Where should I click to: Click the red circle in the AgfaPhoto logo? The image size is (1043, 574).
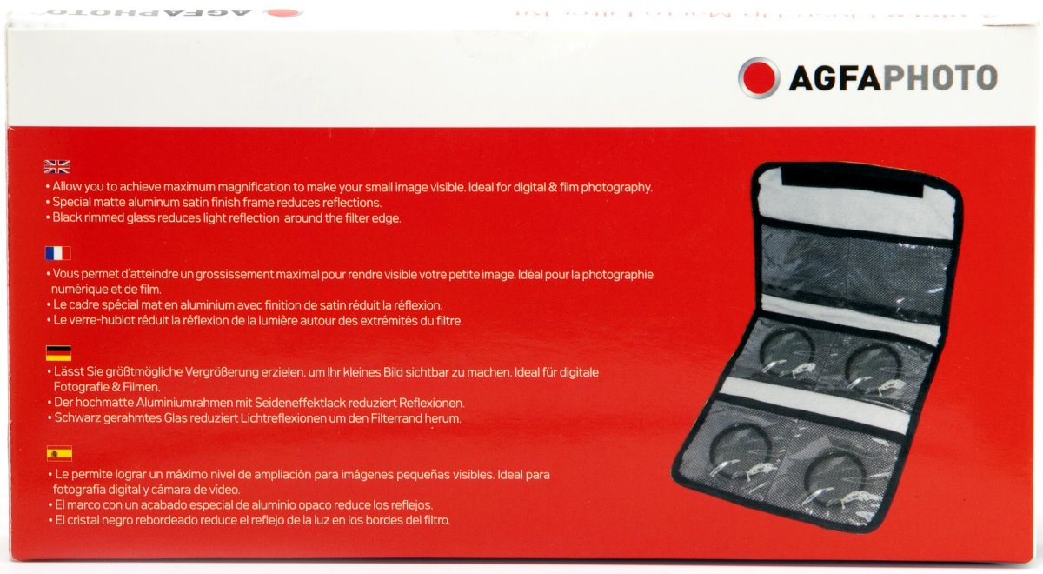(759, 77)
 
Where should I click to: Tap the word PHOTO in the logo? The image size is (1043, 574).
(940, 78)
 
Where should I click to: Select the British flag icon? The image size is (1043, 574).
(57, 167)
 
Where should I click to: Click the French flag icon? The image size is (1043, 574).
(57, 253)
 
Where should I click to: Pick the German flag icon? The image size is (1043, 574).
(57, 352)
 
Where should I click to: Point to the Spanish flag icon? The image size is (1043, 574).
(58, 453)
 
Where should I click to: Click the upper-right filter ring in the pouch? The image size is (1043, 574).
(871, 362)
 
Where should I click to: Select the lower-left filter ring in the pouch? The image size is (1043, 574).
(738, 451)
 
